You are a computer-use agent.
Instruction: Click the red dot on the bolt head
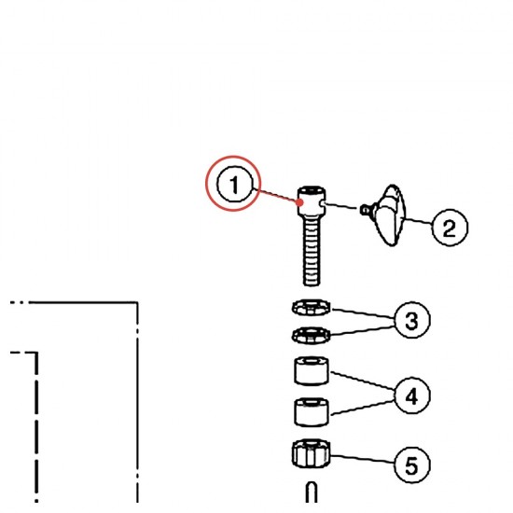pos(300,202)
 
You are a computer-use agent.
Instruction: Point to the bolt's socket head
pos(312,201)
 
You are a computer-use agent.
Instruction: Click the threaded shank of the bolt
pos(312,251)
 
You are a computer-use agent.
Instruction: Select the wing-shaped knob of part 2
pos(389,215)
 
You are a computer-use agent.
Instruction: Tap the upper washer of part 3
pos(311,307)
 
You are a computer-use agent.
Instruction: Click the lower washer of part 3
pos(311,336)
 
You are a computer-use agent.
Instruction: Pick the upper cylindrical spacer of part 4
pos(312,371)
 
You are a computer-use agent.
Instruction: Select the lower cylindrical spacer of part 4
pos(312,412)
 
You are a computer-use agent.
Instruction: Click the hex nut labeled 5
pos(311,454)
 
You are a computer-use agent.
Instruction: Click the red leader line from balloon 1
pos(276,196)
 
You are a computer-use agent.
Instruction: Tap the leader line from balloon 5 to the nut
pos(363,458)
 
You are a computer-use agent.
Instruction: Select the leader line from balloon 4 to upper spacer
pos(363,381)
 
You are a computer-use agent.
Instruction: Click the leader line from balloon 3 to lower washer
pos(363,331)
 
